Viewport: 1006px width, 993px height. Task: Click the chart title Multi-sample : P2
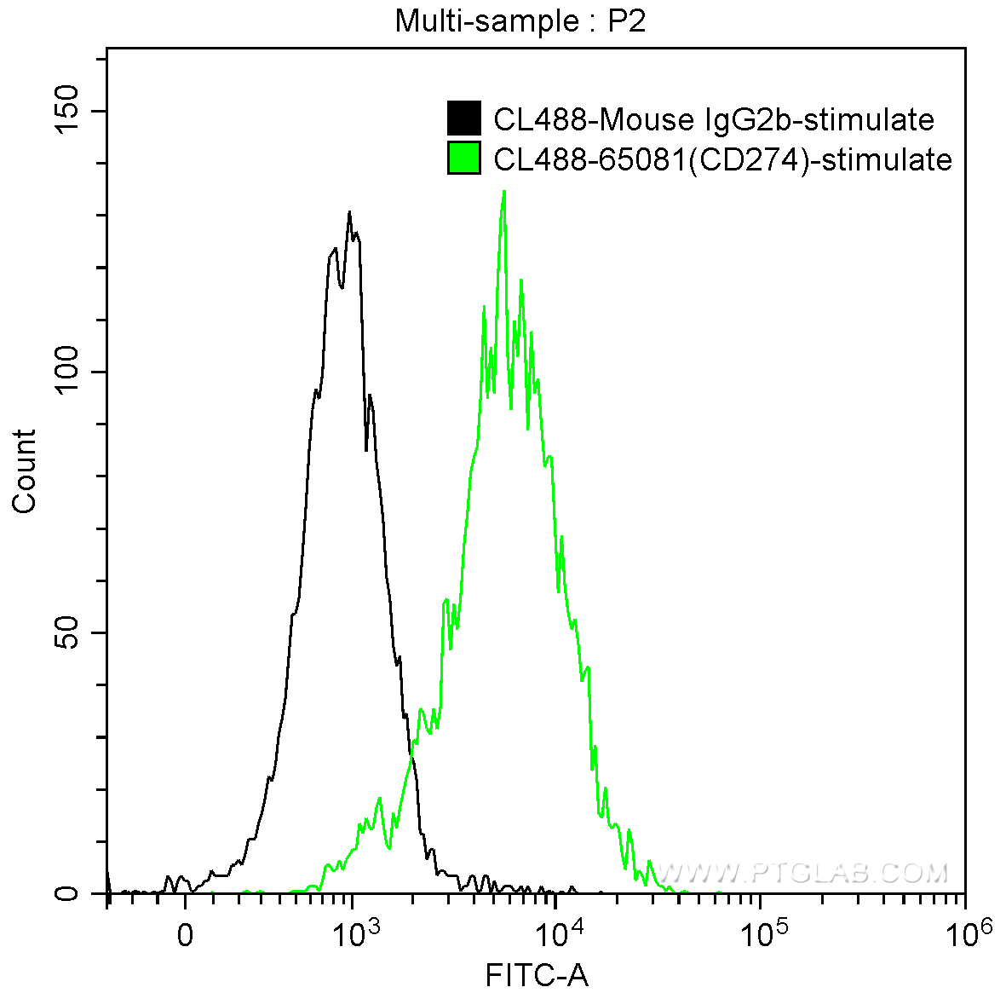[520, 20]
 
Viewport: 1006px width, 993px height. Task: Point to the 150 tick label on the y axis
[67, 112]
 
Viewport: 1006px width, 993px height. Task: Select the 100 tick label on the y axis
[67, 372]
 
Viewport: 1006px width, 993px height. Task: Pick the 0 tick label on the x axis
[185, 936]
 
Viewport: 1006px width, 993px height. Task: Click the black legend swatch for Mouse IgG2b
[464, 118]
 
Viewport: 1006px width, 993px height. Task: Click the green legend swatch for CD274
[464, 159]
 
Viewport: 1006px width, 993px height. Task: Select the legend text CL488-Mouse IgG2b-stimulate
[714, 119]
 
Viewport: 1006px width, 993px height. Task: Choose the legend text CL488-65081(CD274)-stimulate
[722, 159]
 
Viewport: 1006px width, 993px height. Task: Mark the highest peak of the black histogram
[349, 212]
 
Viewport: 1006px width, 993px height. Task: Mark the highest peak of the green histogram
[504, 192]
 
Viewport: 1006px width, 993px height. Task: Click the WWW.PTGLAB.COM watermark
[801, 873]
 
